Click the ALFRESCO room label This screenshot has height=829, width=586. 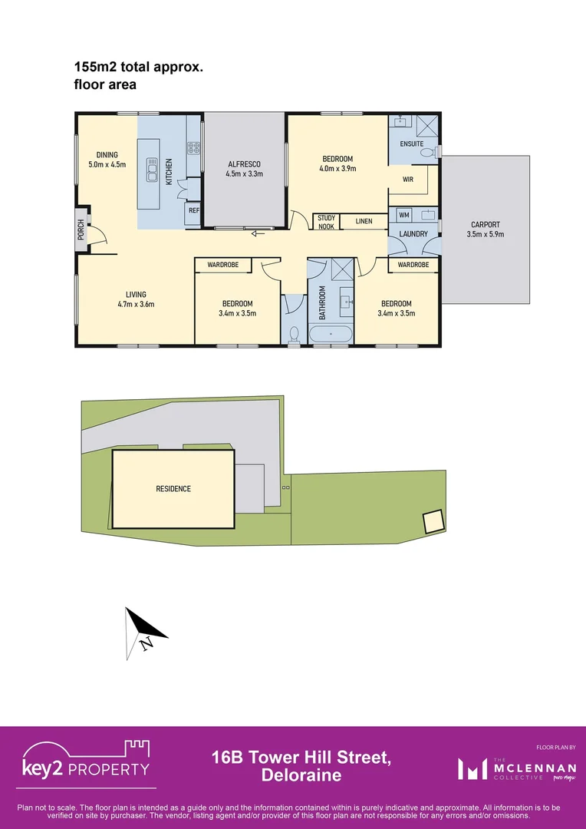click(x=244, y=164)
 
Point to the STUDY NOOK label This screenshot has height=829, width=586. click(x=326, y=222)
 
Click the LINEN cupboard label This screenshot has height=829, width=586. click(x=364, y=222)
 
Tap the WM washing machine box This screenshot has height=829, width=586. click(x=403, y=214)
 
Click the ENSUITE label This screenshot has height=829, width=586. click(x=411, y=144)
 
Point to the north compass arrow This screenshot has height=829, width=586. click(x=146, y=629)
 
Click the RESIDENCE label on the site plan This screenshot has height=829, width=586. click(x=173, y=489)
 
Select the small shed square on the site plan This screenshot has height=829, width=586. click(x=433, y=522)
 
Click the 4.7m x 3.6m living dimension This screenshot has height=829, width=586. click(x=136, y=304)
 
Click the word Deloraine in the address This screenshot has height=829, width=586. click(x=301, y=775)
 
